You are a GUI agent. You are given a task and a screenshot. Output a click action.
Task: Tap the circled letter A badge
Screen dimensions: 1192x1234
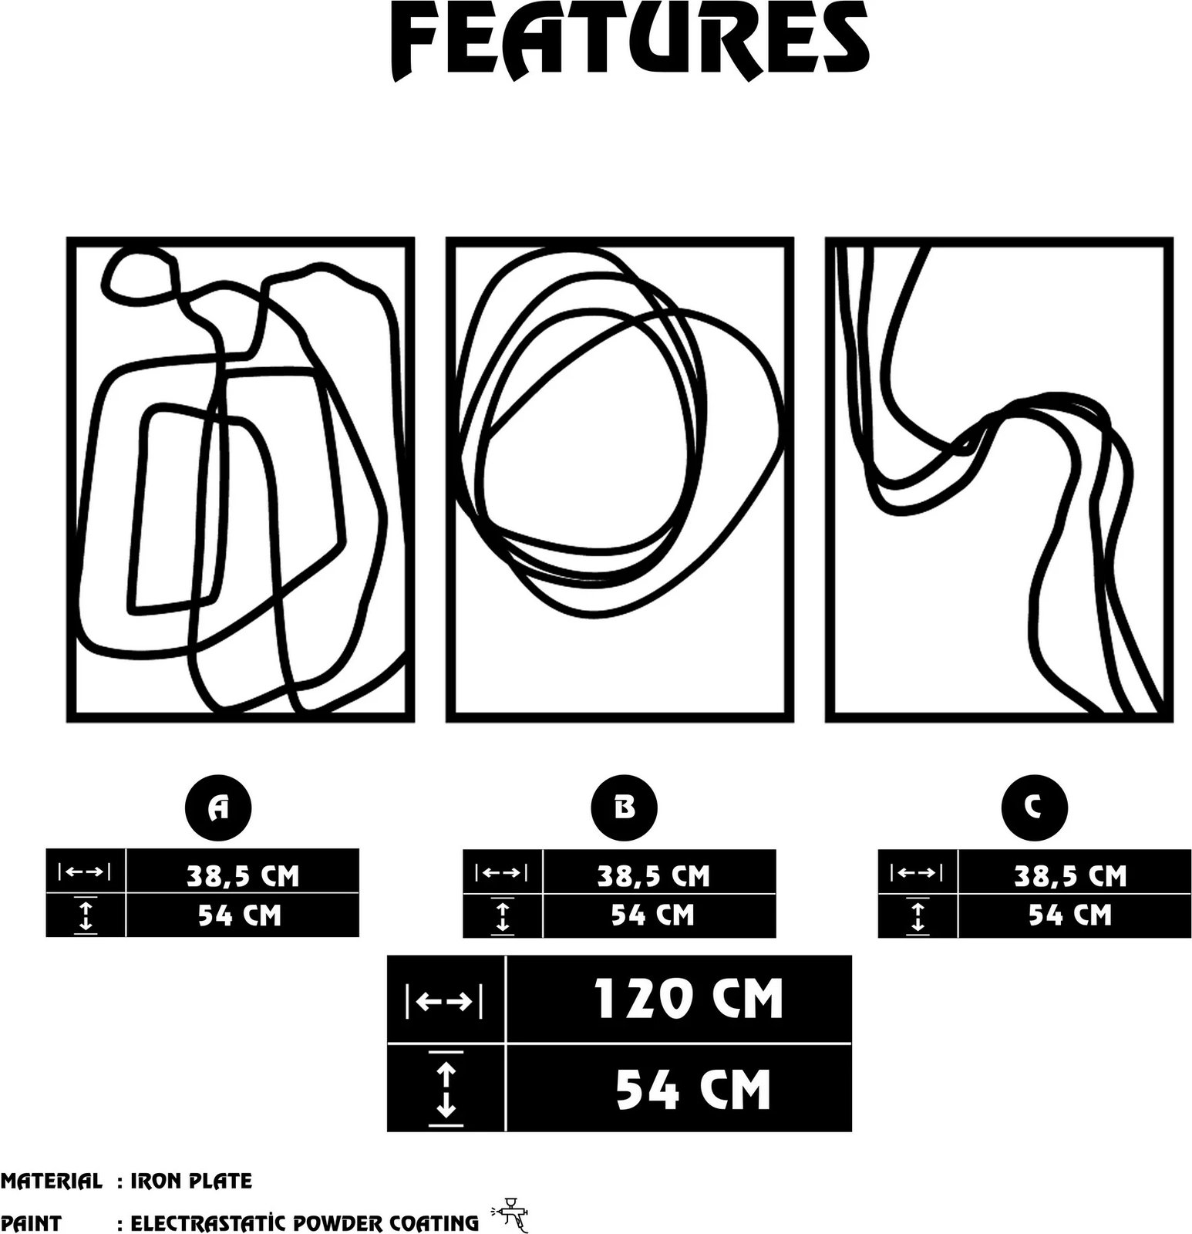point(219,807)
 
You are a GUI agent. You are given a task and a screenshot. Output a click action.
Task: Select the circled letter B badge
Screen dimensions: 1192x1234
point(624,807)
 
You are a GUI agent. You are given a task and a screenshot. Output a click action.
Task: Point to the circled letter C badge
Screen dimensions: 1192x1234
point(1034,807)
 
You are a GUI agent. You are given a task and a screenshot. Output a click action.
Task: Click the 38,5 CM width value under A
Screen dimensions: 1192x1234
point(242,875)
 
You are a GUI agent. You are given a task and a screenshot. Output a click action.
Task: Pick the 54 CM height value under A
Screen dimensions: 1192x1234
point(240,915)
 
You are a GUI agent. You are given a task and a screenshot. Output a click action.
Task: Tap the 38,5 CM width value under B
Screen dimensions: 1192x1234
point(653,875)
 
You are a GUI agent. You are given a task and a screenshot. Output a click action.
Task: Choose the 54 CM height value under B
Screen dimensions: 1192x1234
point(653,915)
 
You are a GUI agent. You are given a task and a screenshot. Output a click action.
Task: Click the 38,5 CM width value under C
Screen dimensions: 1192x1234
point(1070,875)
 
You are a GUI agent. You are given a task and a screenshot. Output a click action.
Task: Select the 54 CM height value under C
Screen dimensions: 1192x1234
point(1070,915)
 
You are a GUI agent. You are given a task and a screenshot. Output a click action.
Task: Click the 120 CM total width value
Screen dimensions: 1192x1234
point(688,999)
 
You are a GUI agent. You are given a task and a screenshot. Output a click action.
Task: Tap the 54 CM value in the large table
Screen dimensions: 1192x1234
point(693,1088)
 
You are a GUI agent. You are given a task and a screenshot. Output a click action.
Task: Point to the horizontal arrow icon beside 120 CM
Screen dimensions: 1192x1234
point(444,1001)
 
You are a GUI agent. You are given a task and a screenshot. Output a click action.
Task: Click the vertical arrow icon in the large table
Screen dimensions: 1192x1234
point(446,1088)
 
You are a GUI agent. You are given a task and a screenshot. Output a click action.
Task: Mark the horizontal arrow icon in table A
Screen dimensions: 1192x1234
point(85,872)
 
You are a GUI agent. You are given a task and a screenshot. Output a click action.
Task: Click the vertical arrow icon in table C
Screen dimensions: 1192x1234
point(918,916)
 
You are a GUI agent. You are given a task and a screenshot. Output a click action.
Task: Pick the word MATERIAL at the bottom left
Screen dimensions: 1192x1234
point(51,1180)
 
